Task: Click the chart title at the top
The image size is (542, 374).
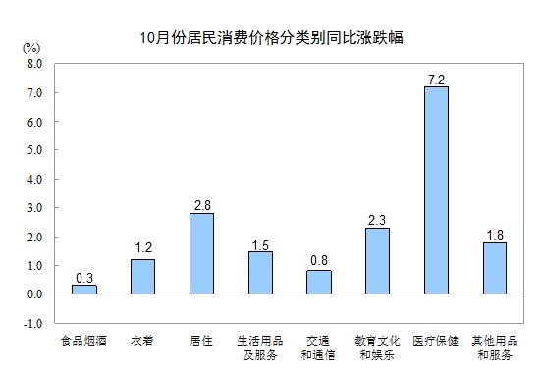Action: (271, 38)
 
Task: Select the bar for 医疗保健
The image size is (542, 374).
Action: (436, 190)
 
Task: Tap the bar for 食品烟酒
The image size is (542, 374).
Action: (84, 290)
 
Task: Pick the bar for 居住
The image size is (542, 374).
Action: (201, 253)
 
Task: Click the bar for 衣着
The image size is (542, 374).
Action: (143, 277)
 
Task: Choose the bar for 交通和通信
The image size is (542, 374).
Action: (319, 282)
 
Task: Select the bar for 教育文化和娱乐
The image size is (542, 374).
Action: (377, 261)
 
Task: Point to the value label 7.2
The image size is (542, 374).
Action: (436, 78)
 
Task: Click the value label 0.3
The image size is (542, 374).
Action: (84, 277)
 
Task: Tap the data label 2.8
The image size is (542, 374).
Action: (201, 204)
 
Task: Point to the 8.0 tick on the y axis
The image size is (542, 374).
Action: (34, 64)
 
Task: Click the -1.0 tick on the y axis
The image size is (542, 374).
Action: (33, 323)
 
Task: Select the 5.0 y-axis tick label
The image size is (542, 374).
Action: (34, 150)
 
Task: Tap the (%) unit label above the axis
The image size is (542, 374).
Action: (30, 47)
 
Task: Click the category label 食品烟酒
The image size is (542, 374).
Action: (84, 341)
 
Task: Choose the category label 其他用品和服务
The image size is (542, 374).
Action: (494, 347)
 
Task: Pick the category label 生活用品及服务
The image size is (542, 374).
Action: (260, 347)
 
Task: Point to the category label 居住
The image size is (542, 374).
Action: (201, 341)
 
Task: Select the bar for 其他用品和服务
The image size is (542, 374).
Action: (494, 268)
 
